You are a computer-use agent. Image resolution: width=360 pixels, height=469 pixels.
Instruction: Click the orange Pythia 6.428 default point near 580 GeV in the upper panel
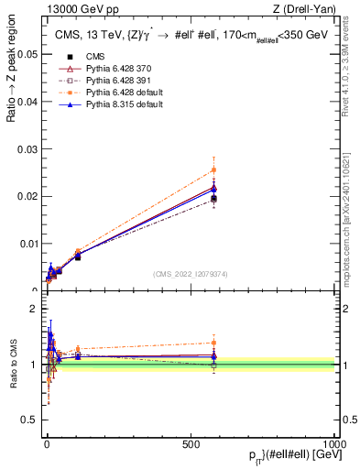213,169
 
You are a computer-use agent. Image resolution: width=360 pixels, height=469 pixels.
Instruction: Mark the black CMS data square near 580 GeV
213,198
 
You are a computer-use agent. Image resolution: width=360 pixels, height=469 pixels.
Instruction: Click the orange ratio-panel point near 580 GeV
213,343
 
